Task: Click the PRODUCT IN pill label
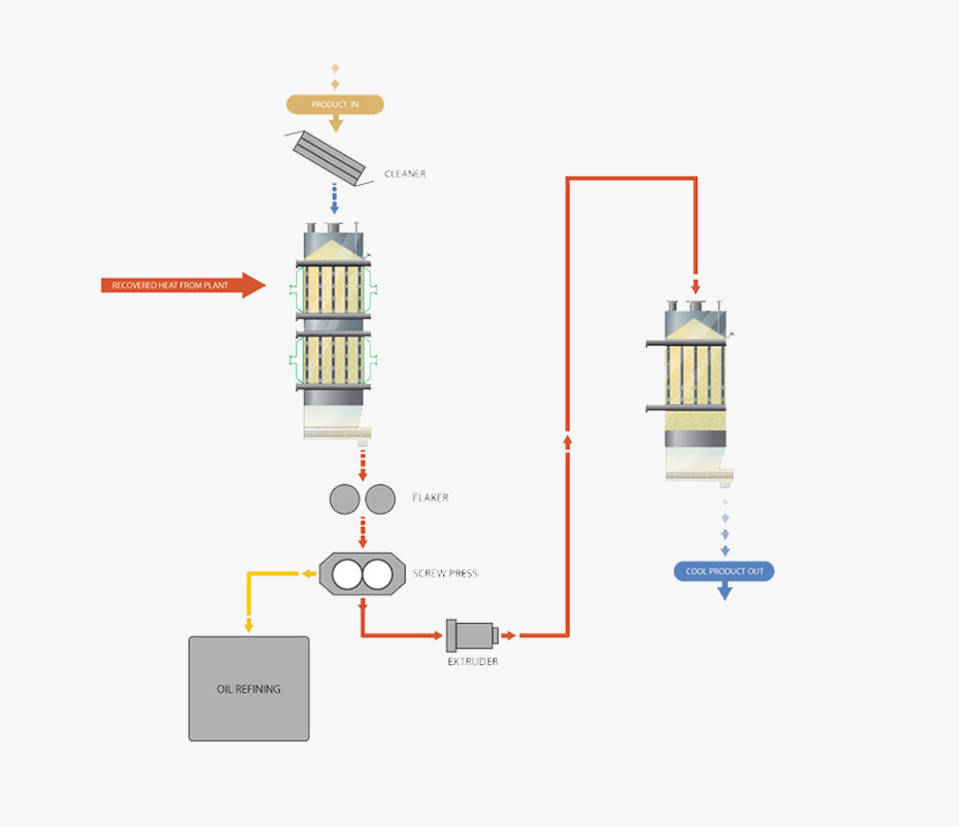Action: pos(335,104)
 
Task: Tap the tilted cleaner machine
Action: pos(328,158)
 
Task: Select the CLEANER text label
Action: pos(405,174)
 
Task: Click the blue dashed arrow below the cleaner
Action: pos(334,198)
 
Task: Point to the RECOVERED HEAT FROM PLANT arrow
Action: pos(183,285)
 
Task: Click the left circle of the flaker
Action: pos(345,499)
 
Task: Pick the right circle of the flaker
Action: pos(381,499)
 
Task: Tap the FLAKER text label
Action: pos(430,498)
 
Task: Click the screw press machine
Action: pos(363,574)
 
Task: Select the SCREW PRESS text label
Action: pos(445,573)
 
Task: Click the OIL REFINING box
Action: pos(249,689)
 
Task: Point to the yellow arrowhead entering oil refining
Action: pos(248,627)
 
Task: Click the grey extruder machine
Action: pos(472,635)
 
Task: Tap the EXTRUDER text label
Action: pos(473,661)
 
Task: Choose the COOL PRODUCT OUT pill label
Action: pos(724,571)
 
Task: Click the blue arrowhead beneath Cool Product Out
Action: pos(725,591)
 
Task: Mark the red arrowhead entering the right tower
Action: pos(695,287)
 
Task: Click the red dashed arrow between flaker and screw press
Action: pos(363,533)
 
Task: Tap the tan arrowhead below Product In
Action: pos(336,124)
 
